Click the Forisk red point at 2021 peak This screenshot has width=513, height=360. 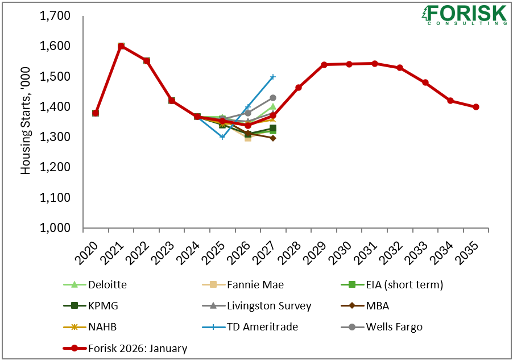[121, 46]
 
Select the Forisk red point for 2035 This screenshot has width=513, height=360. [476, 107]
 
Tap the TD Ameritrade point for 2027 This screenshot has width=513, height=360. [273, 76]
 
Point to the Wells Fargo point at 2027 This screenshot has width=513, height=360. [273, 98]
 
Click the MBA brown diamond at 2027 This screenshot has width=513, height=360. [273, 138]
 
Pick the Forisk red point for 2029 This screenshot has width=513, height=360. [324, 65]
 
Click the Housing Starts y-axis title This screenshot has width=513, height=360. [26, 122]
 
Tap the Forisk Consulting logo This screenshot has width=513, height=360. [464, 14]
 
